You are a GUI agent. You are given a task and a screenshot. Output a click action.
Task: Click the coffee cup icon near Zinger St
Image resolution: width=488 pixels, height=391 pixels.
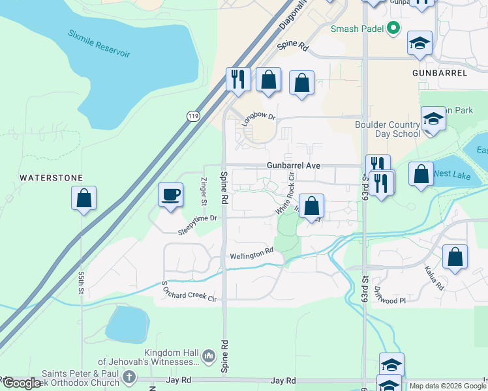[171, 194]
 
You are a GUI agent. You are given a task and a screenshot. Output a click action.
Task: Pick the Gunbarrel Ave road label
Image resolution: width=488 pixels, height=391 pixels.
[294, 166]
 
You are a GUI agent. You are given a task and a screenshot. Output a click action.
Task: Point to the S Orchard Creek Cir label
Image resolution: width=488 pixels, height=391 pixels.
[189, 292]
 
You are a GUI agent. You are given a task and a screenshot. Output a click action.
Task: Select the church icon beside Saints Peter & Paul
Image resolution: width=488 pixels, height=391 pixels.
[129, 376]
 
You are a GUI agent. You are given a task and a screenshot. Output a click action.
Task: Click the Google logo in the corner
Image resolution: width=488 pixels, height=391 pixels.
[22, 383]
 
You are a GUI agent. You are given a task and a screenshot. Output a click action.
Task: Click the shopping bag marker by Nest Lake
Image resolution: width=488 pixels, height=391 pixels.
[421, 174]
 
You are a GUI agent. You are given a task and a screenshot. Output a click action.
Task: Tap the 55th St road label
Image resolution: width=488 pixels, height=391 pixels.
[82, 287]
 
